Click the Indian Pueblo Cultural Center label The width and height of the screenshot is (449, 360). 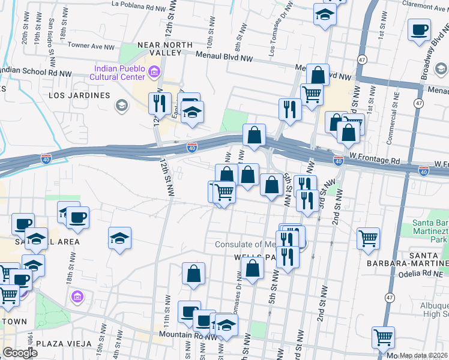(118, 71)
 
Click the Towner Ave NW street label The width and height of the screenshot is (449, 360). (91, 45)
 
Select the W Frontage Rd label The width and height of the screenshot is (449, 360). (379, 161)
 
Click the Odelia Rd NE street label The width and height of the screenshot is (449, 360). (426, 273)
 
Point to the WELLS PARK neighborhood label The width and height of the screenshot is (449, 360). (237, 257)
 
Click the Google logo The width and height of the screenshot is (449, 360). (20, 353)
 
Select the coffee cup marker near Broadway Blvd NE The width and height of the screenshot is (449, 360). (419, 29)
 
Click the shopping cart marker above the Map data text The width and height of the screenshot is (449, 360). (383, 337)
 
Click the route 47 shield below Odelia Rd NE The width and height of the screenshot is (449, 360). (390, 297)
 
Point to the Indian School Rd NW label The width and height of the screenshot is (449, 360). (36, 71)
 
